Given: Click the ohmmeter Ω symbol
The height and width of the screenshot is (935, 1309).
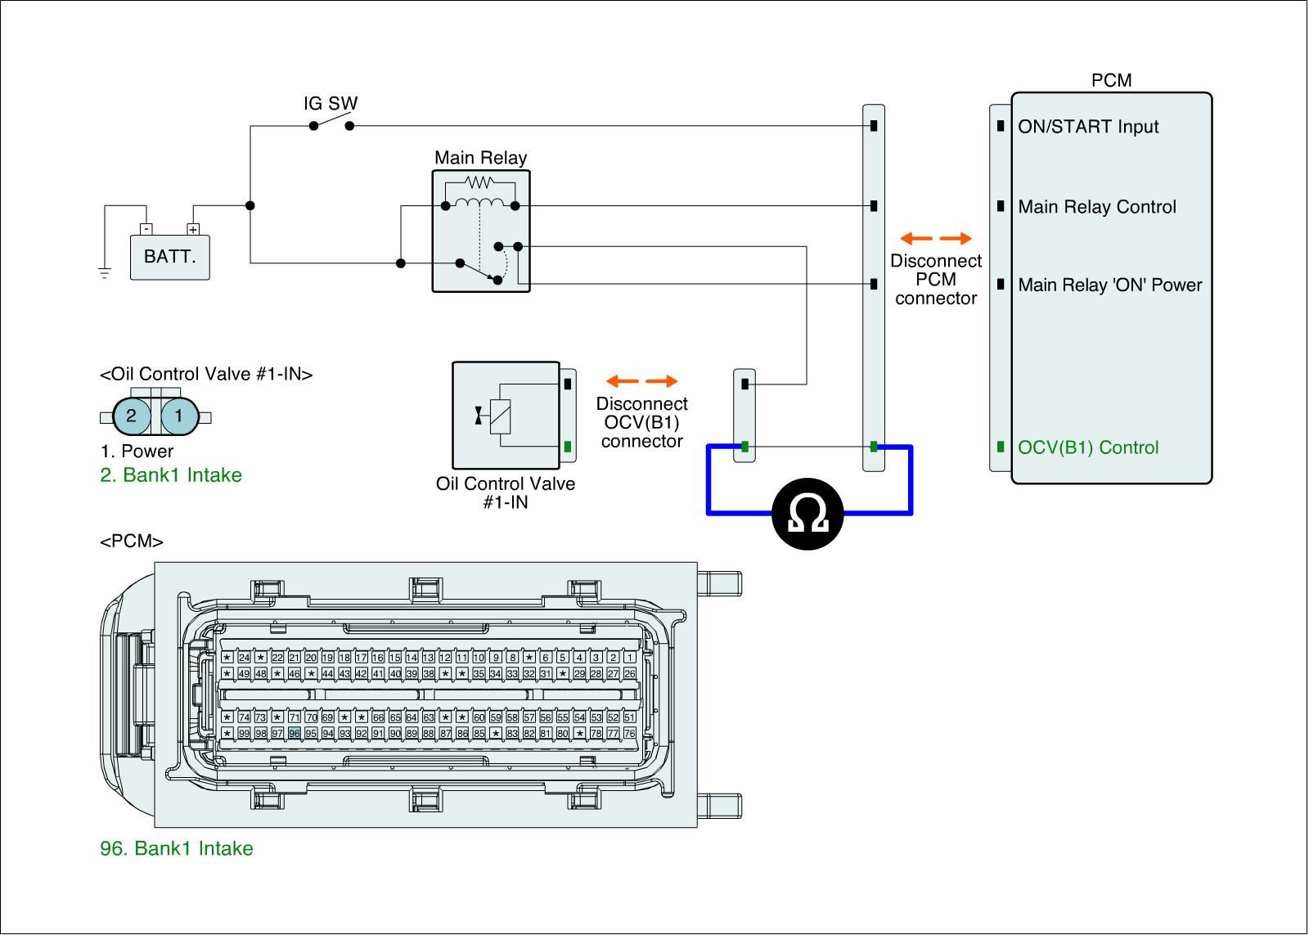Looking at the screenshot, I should click(808, 514).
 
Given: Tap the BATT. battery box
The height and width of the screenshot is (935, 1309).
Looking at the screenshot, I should click(170, 257).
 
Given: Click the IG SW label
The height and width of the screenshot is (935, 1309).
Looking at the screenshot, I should click(331, 104).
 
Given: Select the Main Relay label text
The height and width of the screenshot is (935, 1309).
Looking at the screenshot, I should click(480, 158).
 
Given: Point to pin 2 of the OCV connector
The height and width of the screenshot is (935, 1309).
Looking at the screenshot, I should click(131, 416).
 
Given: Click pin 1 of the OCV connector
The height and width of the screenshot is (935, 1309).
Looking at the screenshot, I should click(178, 416).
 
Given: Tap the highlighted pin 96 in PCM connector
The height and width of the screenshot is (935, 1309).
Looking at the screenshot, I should click(295, 733).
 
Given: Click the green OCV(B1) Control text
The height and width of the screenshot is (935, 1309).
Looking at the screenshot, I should click(1088, 447).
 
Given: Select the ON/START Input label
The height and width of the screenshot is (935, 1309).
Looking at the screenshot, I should click(1088, 127).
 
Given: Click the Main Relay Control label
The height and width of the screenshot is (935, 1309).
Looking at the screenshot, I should click(1097, 207).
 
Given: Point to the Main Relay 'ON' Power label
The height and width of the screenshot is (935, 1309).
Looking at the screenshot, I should click(1110, 285).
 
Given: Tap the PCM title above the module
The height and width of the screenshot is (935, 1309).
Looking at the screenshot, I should click(1111, 80).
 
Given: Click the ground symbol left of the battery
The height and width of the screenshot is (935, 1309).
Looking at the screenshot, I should click(105, 272).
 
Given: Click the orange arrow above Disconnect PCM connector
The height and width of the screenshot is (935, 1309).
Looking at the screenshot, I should click(936, 239).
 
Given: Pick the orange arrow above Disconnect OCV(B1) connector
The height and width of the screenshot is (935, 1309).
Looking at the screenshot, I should click(641, 381).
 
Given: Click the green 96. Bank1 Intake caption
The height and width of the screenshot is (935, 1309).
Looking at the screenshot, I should click(177, 848).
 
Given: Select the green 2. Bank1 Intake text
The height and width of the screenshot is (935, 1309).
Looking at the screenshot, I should click(171, 475).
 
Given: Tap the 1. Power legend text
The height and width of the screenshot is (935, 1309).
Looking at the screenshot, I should click(137, 452).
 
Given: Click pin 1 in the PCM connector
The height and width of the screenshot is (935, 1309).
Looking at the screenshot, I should click(630, 657).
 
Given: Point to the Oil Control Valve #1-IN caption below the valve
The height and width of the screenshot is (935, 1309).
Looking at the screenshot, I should click(506, 492).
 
